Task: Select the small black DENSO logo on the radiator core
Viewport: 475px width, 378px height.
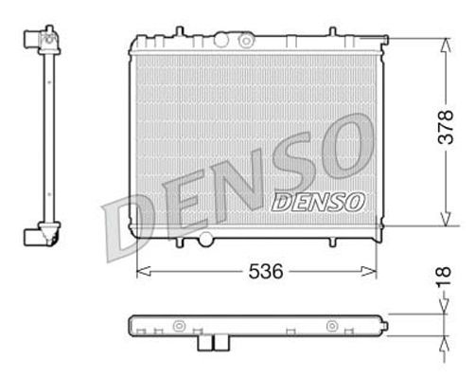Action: (x=318, y=202)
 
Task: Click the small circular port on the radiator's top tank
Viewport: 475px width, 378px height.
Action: (x=247, y=42)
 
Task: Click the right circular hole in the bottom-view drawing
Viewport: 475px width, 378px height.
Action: (x=331, y=328)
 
